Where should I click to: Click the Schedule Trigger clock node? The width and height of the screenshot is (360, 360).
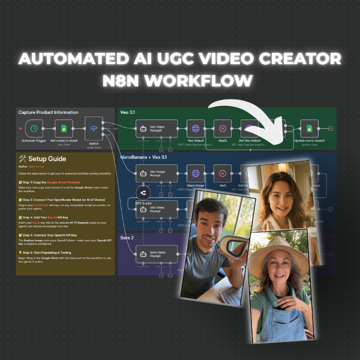(x=35, y=128)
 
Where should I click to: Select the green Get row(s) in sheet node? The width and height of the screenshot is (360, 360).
(x=62, y=128)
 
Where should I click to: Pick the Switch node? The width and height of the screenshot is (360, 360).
(x=94, y=128)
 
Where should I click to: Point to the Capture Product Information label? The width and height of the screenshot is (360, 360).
(x=48, y=112)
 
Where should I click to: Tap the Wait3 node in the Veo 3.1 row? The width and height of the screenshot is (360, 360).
(x=223, y=128)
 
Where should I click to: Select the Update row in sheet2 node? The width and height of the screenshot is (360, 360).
(x=309, y=128)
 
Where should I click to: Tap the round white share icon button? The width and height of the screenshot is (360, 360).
(x=143, y=193)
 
